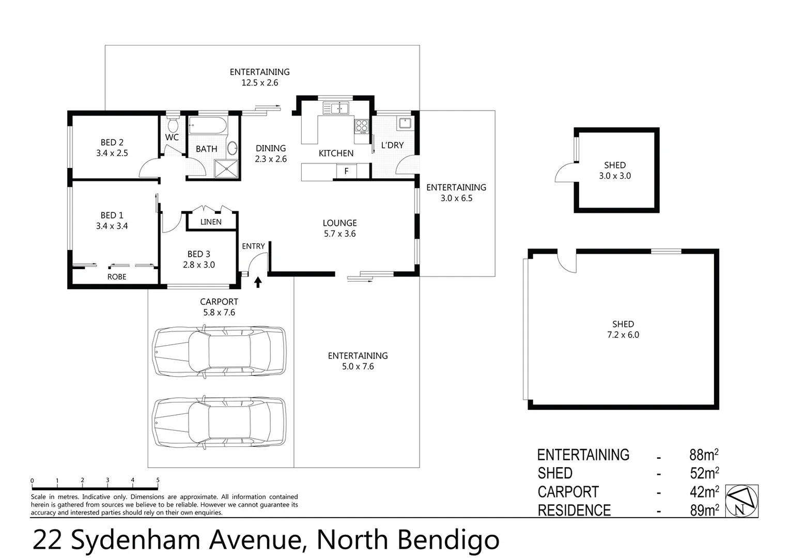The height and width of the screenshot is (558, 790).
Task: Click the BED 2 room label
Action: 112,142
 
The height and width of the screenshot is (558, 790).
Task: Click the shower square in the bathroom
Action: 226,168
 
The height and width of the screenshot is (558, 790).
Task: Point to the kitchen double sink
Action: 336,108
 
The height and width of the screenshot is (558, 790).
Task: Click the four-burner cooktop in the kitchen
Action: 361,125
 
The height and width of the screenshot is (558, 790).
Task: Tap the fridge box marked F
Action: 346,171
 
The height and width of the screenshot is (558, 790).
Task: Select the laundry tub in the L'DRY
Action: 404,123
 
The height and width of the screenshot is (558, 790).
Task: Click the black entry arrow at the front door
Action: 258,282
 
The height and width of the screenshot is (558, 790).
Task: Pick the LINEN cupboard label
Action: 211,222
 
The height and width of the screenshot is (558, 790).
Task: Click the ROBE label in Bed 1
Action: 117,277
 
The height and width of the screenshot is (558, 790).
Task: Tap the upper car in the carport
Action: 219,351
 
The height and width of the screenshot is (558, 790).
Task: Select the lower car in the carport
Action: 219,422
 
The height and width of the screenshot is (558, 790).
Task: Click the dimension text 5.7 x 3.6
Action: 339,234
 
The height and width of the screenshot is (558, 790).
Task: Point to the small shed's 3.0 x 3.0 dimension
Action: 614,176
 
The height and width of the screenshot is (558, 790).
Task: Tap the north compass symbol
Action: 742,501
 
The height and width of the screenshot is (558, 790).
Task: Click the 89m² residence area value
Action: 704,510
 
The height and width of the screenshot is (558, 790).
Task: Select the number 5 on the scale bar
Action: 158,480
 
